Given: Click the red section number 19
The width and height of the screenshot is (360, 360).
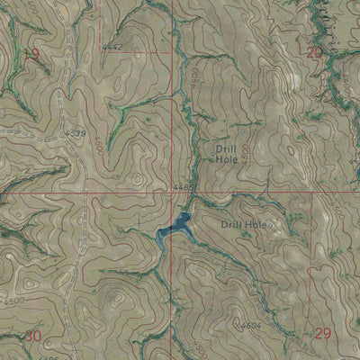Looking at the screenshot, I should click(32, 56).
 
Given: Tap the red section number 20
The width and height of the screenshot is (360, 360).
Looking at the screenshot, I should click(314, 53).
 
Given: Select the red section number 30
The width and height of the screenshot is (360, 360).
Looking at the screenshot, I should click(34, 336).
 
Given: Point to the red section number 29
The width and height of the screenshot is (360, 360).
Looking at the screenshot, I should click(324, 334).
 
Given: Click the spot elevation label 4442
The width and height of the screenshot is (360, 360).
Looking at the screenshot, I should click(113, 44).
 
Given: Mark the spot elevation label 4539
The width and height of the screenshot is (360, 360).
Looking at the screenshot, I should click(76, 134).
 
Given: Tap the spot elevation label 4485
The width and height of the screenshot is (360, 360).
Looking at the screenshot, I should click(184, 186).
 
